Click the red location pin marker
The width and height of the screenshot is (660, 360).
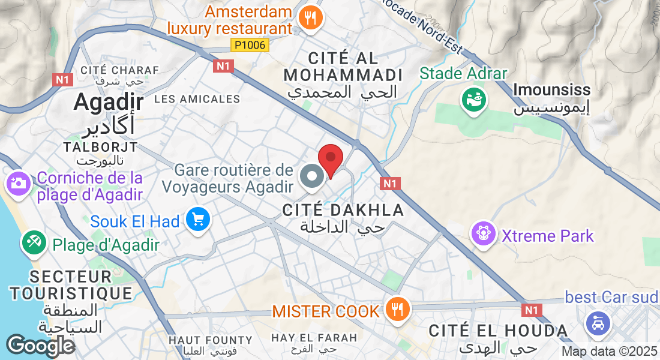pos(330,160)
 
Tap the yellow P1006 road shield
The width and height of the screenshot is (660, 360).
pos(250,45)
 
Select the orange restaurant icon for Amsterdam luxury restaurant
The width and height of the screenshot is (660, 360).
pos(311,19)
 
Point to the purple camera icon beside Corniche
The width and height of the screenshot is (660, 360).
pos(19,184)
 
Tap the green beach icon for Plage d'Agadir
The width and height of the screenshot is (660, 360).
pos(34,242)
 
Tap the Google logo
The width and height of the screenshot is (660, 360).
pos(40,346)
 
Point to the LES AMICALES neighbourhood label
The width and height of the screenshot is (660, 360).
pos(197,99)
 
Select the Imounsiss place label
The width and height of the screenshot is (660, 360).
pos(552,90)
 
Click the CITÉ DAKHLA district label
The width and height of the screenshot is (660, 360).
pos(343,210)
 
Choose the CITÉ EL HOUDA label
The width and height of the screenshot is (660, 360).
pos(499,330)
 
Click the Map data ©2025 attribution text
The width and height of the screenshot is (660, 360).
pos(610,352)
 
